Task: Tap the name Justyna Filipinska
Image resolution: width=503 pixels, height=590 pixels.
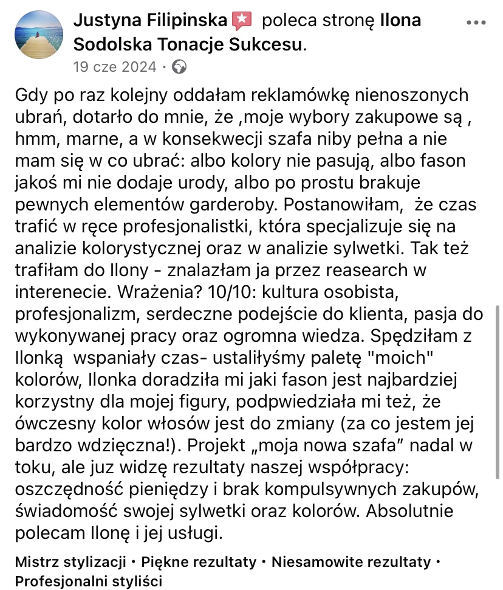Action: coord(151,21)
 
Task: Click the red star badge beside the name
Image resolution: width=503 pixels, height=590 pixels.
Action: coord(242,21)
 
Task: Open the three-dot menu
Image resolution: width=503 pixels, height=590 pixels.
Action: coord(475,23)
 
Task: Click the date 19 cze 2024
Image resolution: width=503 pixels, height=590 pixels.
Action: coord(114,66)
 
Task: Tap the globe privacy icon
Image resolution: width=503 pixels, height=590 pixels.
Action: coord(180,66)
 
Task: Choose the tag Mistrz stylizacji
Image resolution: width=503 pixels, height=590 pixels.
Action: coord(70,561)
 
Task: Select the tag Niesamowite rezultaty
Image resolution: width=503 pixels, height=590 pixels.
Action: coord(351,561)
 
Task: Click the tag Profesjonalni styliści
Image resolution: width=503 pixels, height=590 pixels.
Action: coord(89,581)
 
